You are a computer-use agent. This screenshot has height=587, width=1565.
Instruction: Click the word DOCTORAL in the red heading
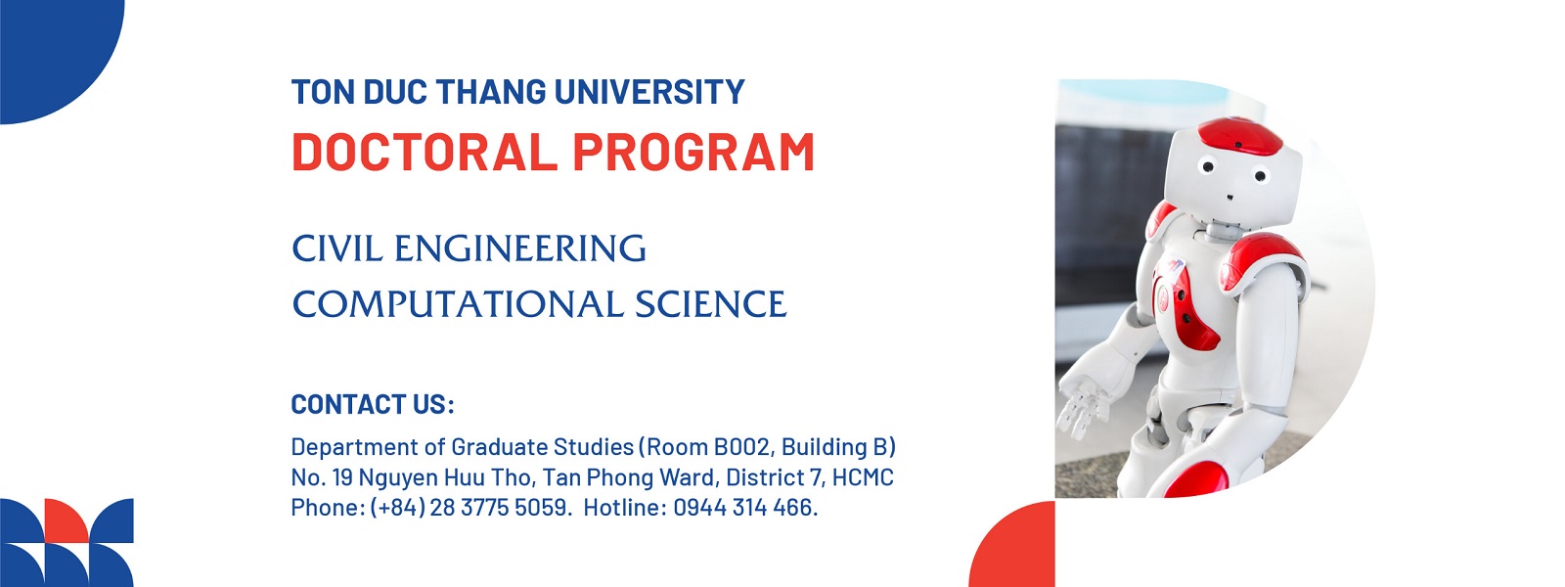click(x=425, y=152)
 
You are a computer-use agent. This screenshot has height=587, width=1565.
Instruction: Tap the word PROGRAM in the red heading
click(x=693, y=152)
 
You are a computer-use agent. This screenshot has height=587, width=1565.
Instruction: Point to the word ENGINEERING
click(x=519, y=248)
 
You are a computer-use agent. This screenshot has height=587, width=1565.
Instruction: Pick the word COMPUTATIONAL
click(x=457, y=304)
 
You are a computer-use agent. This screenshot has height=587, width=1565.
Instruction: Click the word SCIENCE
click(x=710, y=304)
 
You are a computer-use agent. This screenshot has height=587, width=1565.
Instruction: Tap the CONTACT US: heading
click(x=373, y=404)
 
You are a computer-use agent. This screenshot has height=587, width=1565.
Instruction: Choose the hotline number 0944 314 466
click(x=744, y=508)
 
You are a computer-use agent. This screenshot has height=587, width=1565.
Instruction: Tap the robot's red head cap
click(x=1239, y=135)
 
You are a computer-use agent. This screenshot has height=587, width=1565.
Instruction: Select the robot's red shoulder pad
click(x=1261, y=261)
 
